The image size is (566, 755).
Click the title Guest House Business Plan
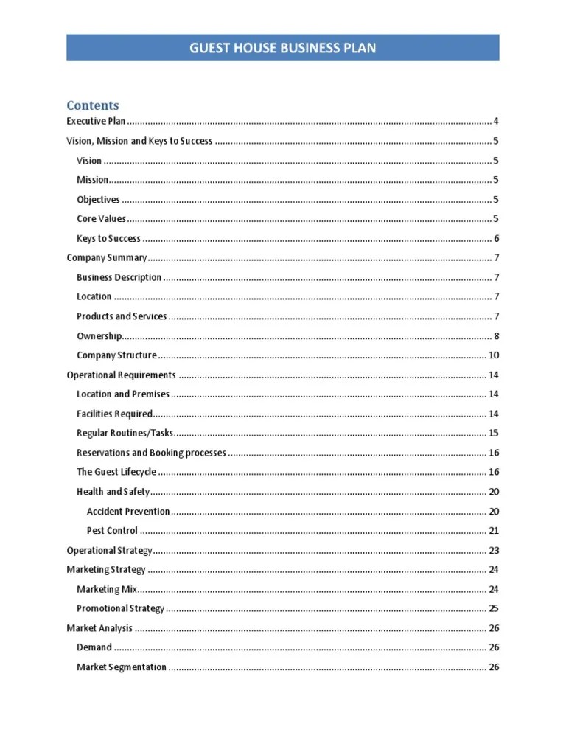pos(283,49)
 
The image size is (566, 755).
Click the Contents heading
pos(92,105)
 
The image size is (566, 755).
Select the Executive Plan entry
pos(96,122)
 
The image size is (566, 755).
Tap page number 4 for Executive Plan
pos(496,122)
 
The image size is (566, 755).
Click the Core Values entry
pos(101,219)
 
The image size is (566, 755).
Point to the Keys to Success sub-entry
pos(108,239)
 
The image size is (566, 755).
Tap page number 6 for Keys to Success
pos(496,239)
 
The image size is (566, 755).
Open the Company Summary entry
pos(107,258)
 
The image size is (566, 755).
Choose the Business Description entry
pos(119,278)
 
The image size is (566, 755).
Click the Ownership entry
pos(99,336)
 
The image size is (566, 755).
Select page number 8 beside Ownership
pos(496,336)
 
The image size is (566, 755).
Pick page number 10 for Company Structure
pos(494,355)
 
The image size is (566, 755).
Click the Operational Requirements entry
pos(121,375)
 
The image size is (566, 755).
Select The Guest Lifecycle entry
pos(116,473)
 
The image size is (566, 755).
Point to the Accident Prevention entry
pos(128,512)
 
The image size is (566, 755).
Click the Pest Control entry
pos(112,531)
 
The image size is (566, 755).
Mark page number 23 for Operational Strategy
pos(494,551)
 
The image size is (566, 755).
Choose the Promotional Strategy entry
pos(120,609)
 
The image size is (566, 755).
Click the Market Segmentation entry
pos(122,667)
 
